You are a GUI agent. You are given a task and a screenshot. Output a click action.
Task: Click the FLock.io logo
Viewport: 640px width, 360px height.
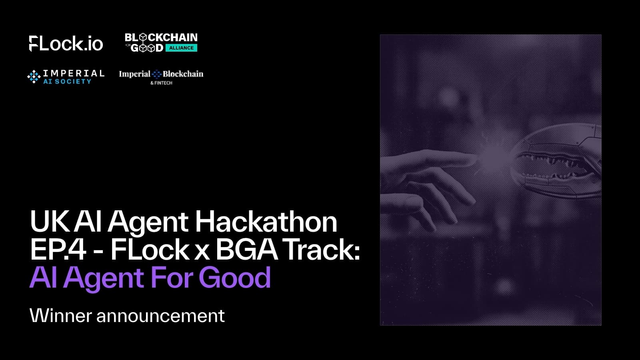(66, 44)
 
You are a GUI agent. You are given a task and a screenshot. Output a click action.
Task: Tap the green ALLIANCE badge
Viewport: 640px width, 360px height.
(181, 48)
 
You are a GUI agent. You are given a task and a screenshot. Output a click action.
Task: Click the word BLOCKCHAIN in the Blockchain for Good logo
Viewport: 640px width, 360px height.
(161, 38)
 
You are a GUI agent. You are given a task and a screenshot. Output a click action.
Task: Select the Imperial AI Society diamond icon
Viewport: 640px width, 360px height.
(34, 76)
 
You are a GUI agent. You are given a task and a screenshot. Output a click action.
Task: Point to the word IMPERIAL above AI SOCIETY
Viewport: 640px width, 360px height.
(74, 73)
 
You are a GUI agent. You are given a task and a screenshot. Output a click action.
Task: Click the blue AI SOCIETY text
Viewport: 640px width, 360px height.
(67, 82)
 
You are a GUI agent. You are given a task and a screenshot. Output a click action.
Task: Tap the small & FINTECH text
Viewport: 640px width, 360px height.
(161, 83)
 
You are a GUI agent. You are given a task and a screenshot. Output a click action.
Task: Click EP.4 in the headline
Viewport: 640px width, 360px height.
(58, 250)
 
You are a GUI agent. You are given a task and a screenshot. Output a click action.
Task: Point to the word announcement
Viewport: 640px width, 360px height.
(160, 316)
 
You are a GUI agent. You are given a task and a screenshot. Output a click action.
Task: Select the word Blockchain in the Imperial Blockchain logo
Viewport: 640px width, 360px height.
(183, 74)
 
